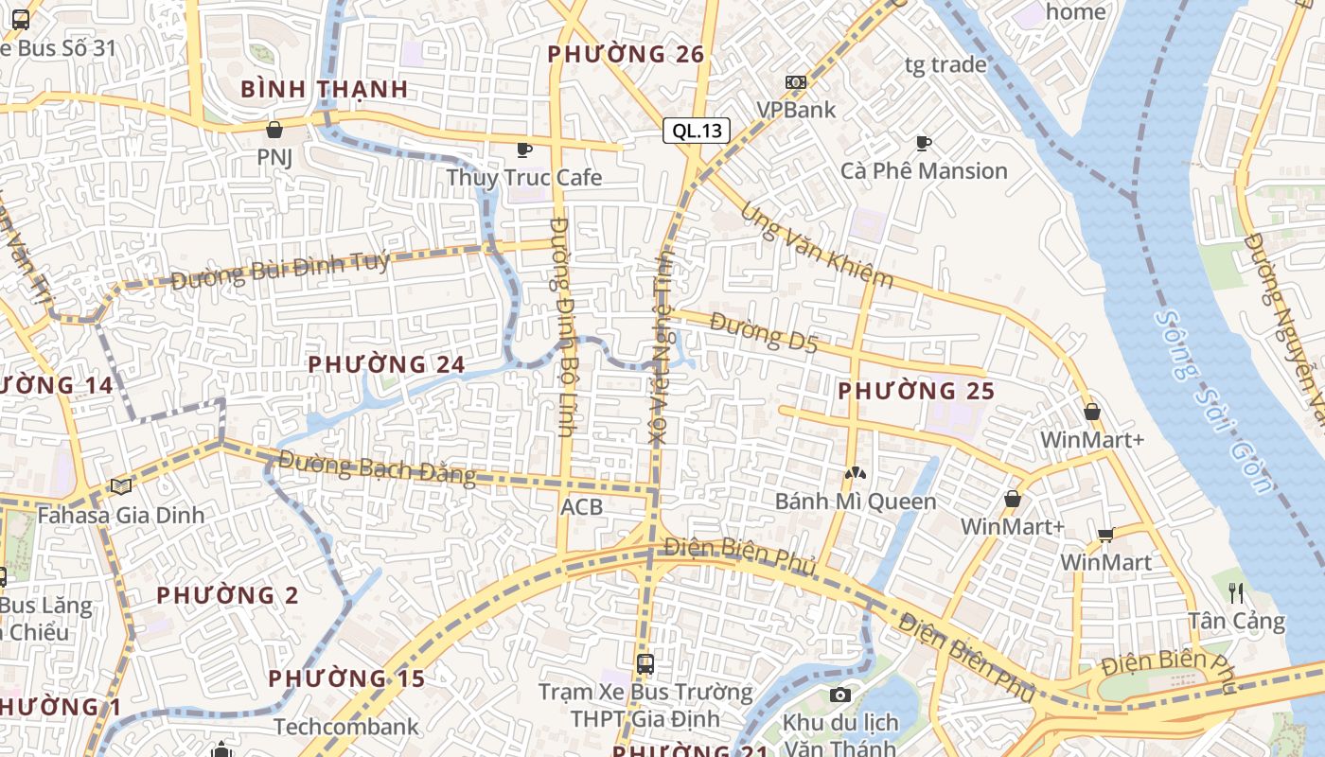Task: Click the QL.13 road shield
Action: (697, 131)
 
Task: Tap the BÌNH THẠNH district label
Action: (324, 90)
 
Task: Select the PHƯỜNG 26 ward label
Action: (627, 55)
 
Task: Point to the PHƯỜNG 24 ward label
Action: (386, 364)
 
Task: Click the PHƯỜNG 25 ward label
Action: (916, 391)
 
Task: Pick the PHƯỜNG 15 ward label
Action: (346, 678)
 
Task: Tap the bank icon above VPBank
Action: (796, 82)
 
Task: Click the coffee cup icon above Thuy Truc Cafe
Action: (523, 150)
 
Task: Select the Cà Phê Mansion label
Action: (924, 171)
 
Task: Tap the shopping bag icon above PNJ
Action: (274, 130)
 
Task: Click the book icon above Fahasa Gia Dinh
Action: (120, 487)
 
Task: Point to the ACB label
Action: (581, 507)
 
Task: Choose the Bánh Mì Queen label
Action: (856, 502)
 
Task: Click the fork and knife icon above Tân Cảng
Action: (1236, 593)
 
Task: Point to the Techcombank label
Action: (345, 727)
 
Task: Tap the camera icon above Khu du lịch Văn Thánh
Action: (839, 695)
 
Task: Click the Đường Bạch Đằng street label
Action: (377, 468)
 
